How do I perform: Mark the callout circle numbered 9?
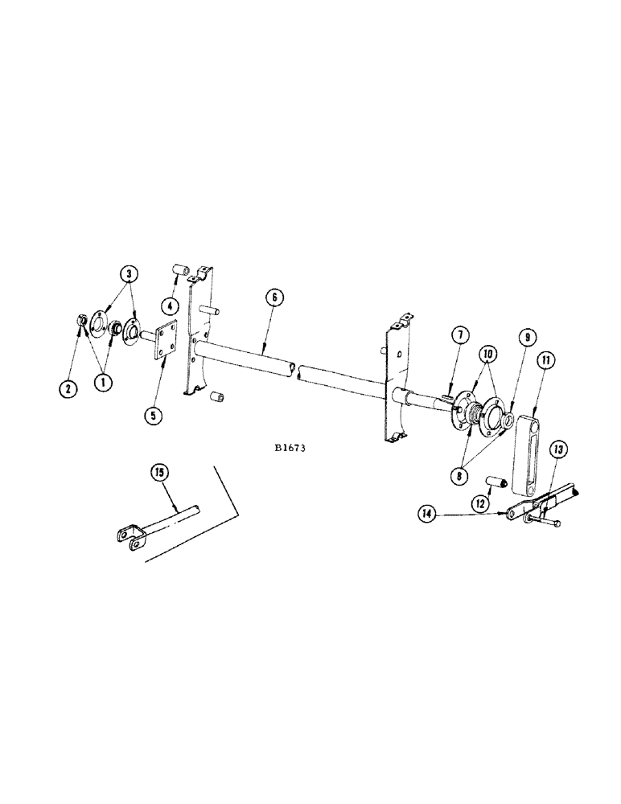click(524, 339)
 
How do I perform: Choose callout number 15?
click(161, 474)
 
